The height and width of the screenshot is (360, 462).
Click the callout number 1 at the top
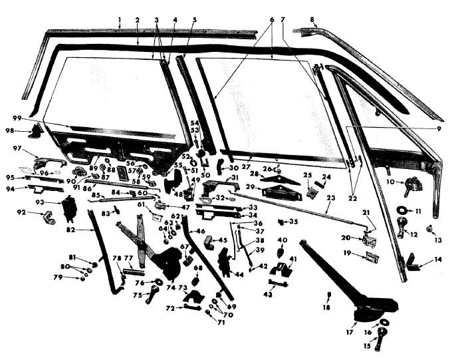pos(120,21)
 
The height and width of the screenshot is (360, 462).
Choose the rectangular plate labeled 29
pos(280,192)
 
